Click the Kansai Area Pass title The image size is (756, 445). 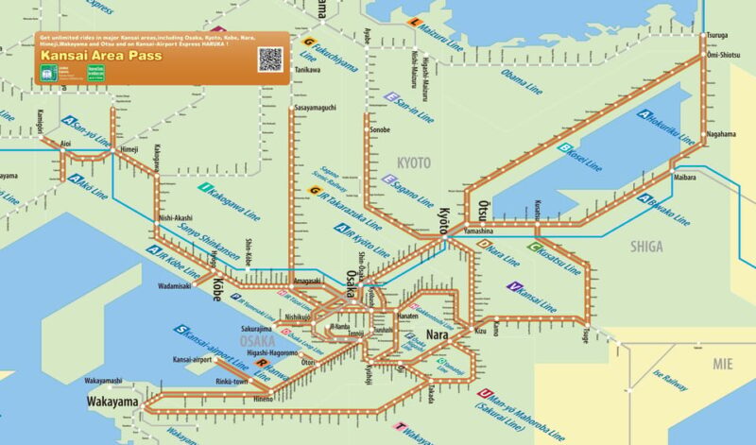click(x=100, y=56)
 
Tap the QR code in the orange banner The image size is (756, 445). click(x=270, y=59)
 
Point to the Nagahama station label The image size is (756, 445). click(x=720, y=134)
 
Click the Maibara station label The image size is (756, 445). click(x=684, y=178)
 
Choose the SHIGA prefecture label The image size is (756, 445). click(x=646, y=247)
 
